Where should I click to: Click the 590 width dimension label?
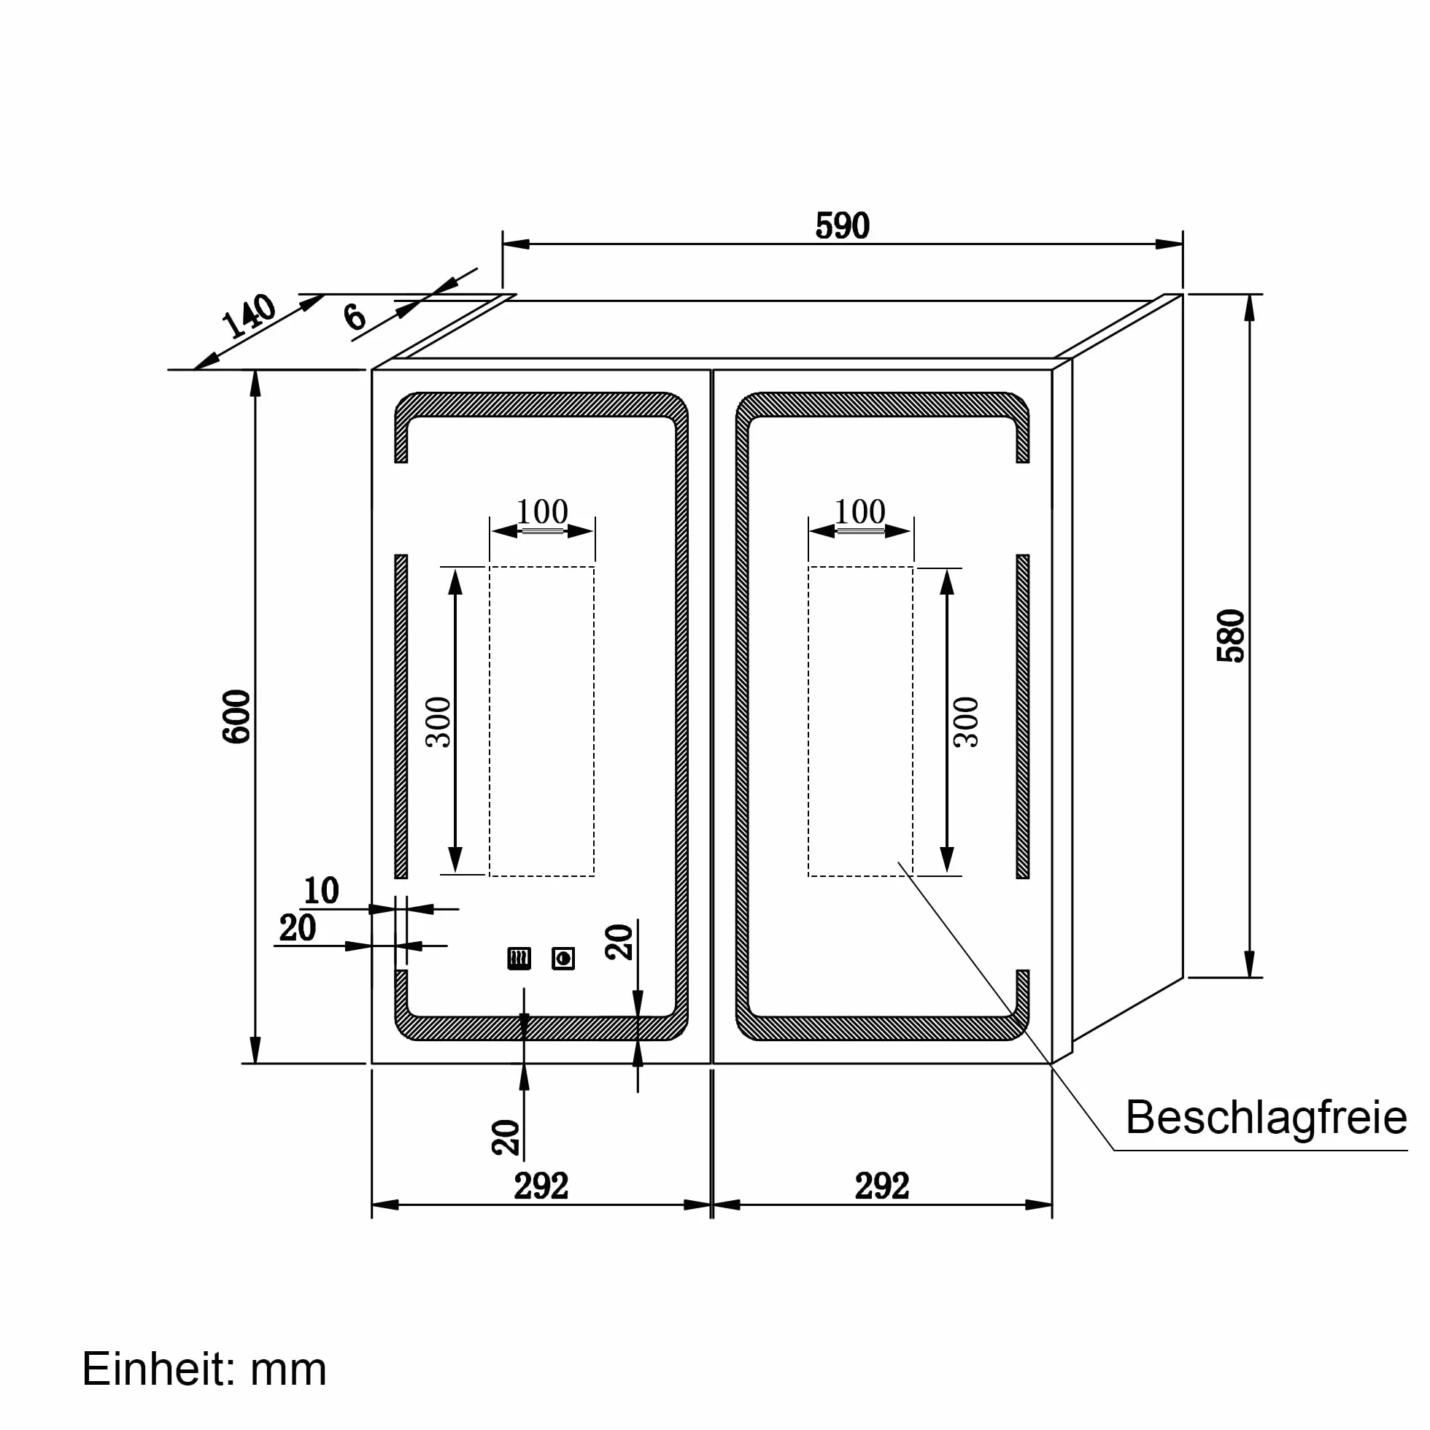(x=842, y=225)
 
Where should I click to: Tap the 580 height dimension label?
(x=1231, y=635)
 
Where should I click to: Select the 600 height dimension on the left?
(x=237, y=716)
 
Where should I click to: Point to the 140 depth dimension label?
(x=249, y=316)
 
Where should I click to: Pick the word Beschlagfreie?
(x=1267, y=1117)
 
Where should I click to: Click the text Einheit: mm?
(x=204, y=1369)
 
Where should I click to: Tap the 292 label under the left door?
(x=541, y=1186)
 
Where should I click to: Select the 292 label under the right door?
(x=881, y=1186)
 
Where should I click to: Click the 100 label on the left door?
(x=542, y=511)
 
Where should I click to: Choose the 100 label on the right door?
(x=860, y=511)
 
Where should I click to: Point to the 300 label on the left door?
(x=439, y=722)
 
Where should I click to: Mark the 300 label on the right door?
(x=966, y=722)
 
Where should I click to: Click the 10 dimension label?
(x=321, y=890)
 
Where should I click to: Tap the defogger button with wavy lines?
(x=519, y=959)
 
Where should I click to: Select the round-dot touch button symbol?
(x=563, y=959)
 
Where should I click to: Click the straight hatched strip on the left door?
(x=401, y=716)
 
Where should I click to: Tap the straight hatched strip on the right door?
(x=1023, y=716)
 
